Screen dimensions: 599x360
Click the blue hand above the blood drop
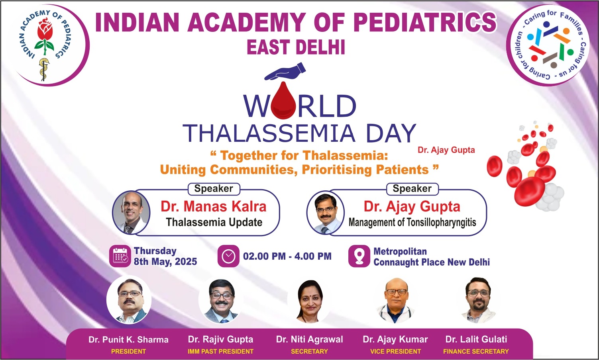[285, 72]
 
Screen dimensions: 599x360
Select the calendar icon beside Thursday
[120, 256]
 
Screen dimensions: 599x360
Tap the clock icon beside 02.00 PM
[228, 256]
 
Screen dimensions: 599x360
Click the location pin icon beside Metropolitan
[359, 256]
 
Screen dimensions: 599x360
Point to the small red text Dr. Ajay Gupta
[446, 150]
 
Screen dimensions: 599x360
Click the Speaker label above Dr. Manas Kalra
[214, 189]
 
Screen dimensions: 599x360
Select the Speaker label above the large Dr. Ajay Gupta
[412, 189]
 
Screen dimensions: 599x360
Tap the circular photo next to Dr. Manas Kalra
[131, 213]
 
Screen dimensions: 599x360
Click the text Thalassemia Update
[214, 222]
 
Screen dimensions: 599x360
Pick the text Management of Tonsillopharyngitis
[412, 222]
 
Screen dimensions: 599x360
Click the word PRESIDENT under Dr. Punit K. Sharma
[129, 352]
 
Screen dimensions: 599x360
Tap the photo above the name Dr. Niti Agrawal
[310, 300]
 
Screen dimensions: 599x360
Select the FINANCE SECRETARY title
[476, 352]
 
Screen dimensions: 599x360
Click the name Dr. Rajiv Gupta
[221, 339]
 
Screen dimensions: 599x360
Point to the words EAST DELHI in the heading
[296, 47]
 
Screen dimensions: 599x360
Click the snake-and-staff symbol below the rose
[43, 68]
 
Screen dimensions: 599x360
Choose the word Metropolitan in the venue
[400, 252]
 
